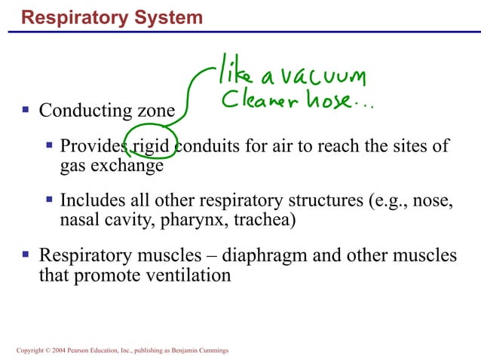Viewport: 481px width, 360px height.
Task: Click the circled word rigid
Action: pyautogui.click(x=155, y=145)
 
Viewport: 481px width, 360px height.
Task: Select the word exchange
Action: pyautogui.click(x=131, y=166)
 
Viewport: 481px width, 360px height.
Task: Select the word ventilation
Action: pyautogui.click(x=187, y=276)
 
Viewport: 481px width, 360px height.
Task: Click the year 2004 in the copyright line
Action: pyautogui.click(x=51, y=350)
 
